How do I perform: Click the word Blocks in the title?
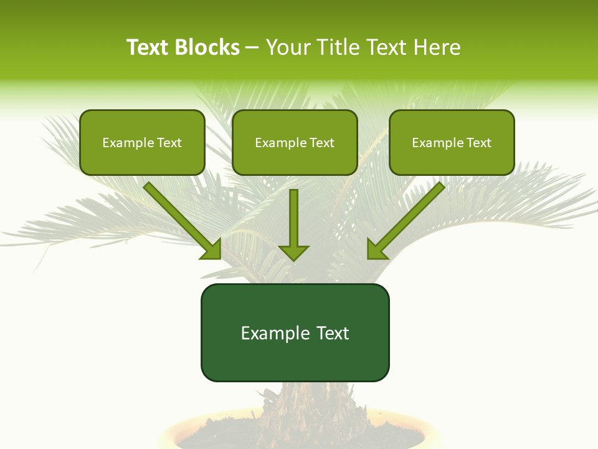[207, 47]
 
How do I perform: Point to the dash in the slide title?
[252, 48]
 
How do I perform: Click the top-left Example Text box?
[142, 142]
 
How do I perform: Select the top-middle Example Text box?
[295, 142]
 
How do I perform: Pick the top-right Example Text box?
[452, 142]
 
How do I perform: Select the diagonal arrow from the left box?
[181, 218]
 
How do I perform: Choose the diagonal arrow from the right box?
[408, 218]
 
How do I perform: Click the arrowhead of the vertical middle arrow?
[293, 252]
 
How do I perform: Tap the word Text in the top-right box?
[478, 142]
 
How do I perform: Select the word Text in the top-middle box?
[321, 142]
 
